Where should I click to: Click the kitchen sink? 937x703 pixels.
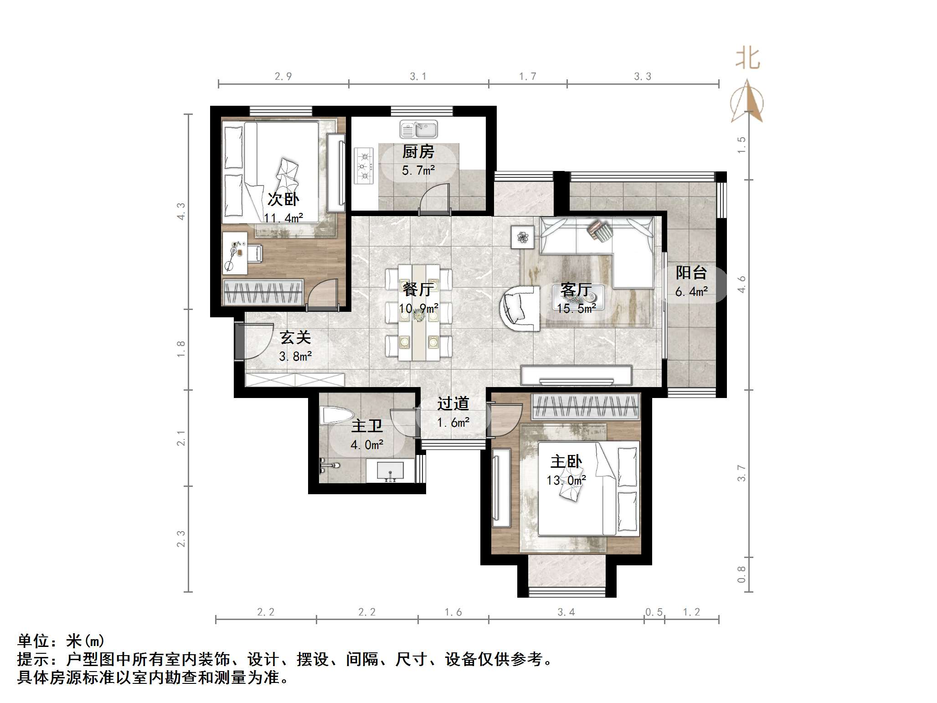click(418, 129)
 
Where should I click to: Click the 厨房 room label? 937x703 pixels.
click(418, 152)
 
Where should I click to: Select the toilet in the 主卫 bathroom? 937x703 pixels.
click(336, 416)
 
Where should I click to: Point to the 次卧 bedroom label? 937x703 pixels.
click(283, 199)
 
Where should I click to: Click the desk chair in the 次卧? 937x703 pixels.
click(253, 253)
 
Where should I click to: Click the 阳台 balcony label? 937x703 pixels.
click(691, 273)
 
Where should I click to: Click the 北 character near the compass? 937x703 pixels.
click(747, 59)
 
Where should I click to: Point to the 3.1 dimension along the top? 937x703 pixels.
click(418, 77)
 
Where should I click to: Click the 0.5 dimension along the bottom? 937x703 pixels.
click(654, 612)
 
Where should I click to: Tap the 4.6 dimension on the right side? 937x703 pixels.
click(741, 284)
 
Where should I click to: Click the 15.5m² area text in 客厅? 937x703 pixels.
click(576, 309)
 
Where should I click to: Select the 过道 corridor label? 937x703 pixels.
click(453, 403)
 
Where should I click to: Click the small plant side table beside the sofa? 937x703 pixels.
click(522, 237)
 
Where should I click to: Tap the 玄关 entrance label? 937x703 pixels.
click(295, 337)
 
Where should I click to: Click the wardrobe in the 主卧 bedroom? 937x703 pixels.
click(586, 406)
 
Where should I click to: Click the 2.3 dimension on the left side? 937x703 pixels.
click(181, 538)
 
